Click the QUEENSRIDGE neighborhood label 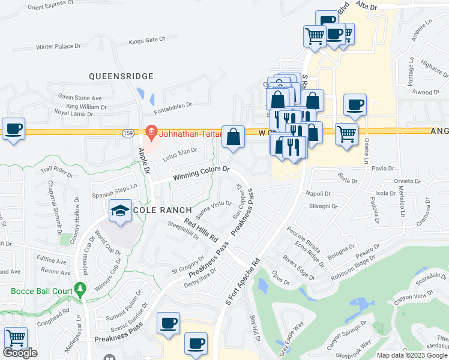[121, 76]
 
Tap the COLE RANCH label [162, 210]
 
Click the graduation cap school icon [120, 211]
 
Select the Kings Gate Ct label [146, 41]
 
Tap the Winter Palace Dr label [58, 46]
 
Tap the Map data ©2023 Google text [412, 355]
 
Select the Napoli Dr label [319, 194]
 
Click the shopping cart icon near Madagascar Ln [15, 339]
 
